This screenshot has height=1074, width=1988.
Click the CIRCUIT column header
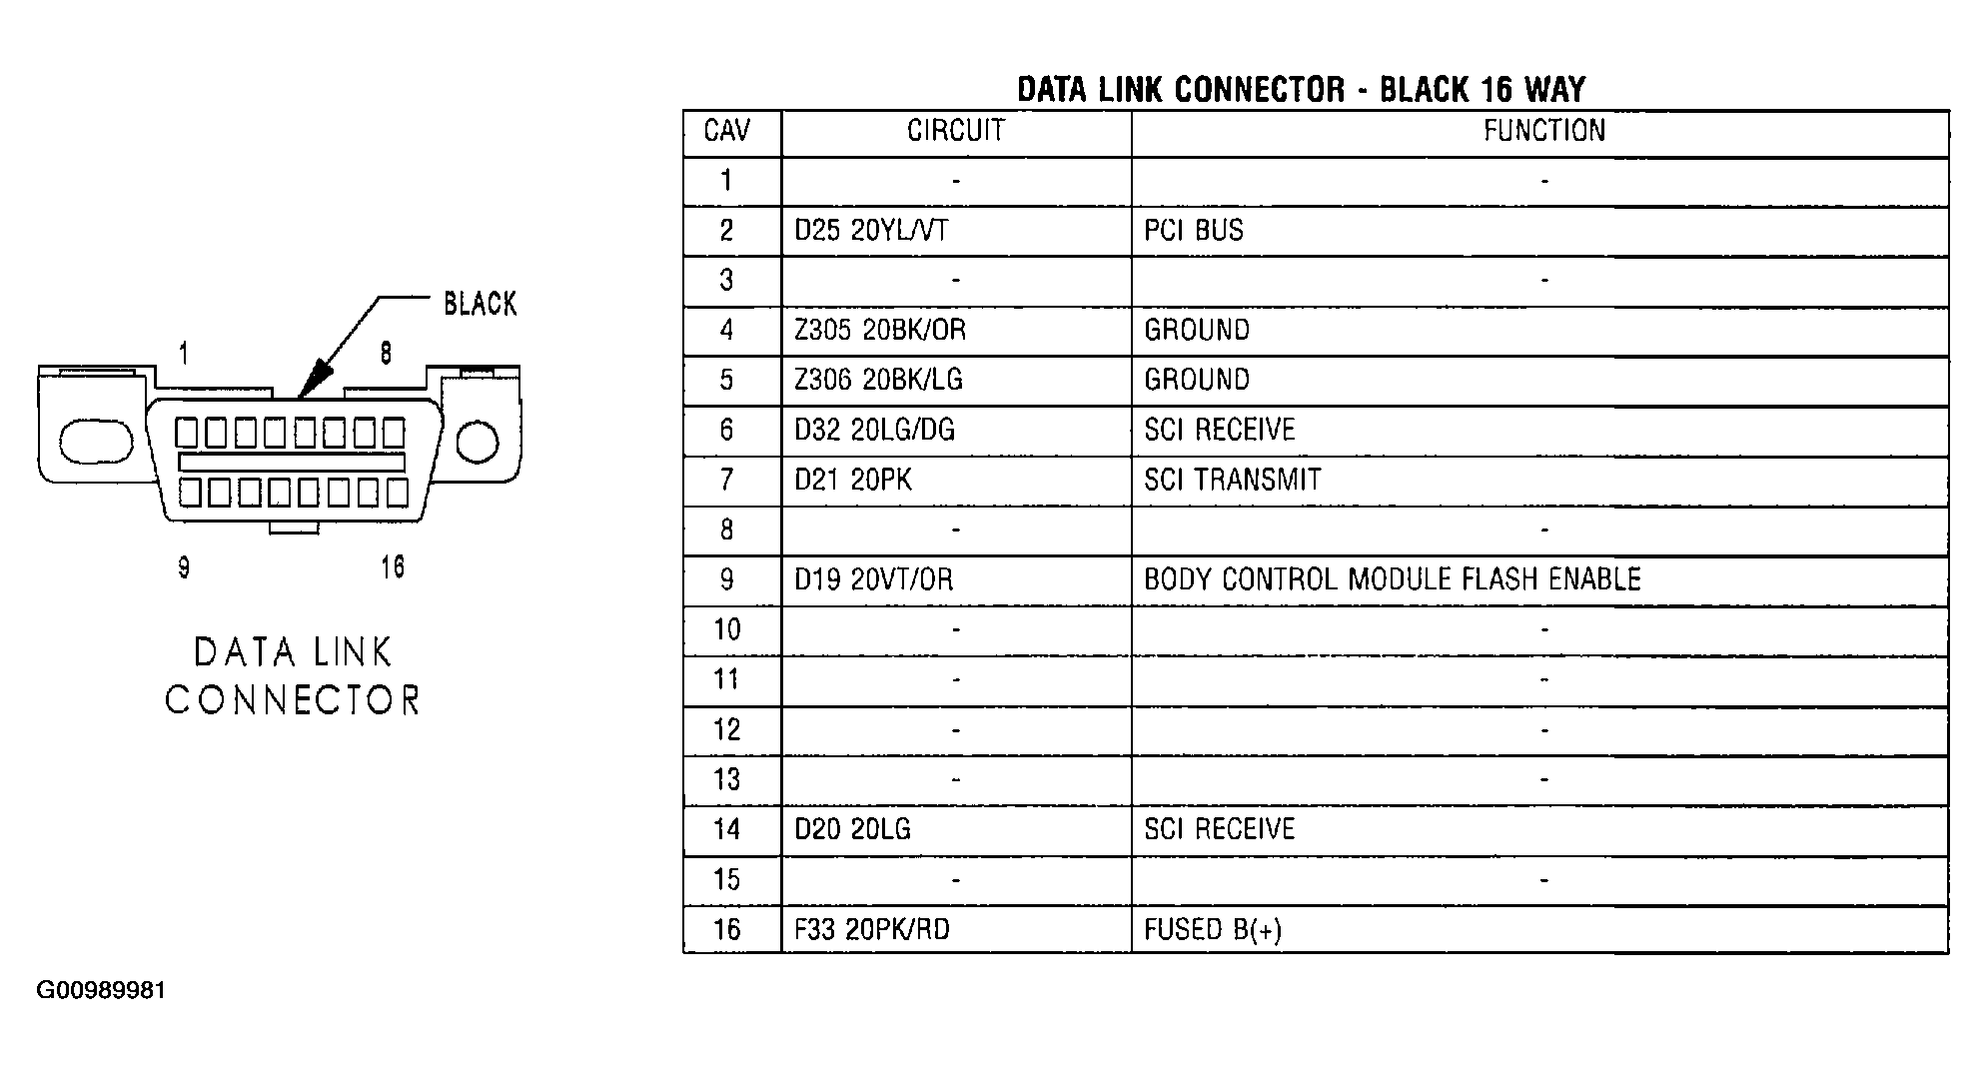click(955, 131)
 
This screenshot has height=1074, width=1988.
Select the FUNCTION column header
click(1543, 131)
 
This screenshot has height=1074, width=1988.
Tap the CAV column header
click(727, 131)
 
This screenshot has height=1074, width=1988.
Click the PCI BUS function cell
click(1194, 231)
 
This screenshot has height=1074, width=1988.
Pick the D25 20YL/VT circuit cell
click(871, 231)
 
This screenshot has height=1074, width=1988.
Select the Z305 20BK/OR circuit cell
click(880, 331)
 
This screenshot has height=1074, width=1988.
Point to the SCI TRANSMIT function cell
click(1232, 481)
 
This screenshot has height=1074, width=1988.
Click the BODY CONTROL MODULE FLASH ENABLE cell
click(1393, 580)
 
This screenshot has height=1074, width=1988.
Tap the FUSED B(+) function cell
click(1213, 930)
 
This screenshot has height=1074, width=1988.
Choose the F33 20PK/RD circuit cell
click(872, 930)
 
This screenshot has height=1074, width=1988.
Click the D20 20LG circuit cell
click(852, 829)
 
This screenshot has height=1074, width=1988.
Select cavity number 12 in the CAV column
click(727, 730)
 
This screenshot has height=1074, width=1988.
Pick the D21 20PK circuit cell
click(853, 481)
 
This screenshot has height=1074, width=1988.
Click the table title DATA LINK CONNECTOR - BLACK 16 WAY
click(1301, 90)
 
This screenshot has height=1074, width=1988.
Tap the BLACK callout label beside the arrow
click(481, 304)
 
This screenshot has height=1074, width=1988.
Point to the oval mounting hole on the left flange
click(96, 442)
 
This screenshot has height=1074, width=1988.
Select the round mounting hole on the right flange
click(478, 442)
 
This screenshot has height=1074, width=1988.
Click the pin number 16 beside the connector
click(393, 567)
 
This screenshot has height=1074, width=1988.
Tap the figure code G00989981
click(101, 991)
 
